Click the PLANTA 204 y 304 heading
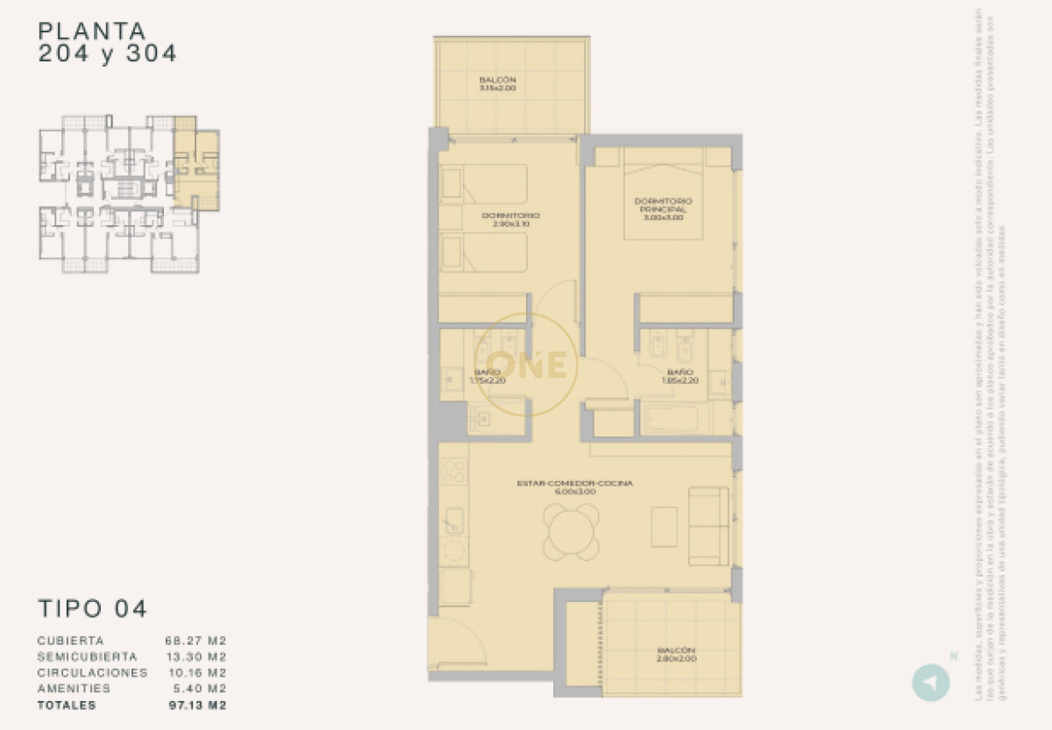tap(107, 42)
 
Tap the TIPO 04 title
tap(93, 608)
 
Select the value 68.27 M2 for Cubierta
tap(196, 641)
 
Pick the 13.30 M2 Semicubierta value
tap(196, 656)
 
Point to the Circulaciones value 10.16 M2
tap(196, 673)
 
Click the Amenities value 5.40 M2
tap(200, 689)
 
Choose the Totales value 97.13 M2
tap(196, 705)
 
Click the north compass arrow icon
tap(930, 684)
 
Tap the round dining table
tap(572, 531)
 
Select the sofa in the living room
tap(708, 526)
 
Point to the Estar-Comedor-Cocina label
tap(575, 486)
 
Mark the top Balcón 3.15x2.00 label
tap(497, 84)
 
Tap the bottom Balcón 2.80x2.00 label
tap(676, 654)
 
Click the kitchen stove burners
tap(453, 472)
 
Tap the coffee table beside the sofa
tap(664, 527)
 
